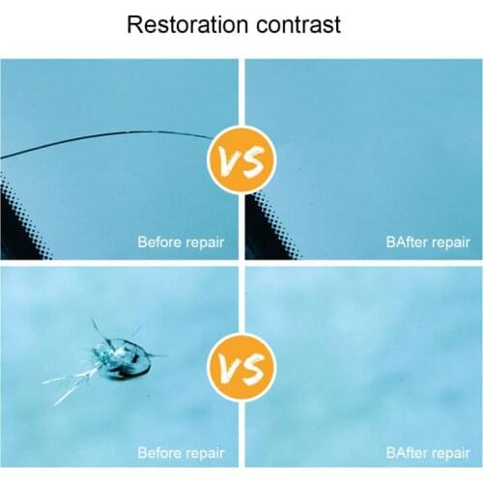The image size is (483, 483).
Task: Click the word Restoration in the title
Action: pyautogui.click(x=184, y=24)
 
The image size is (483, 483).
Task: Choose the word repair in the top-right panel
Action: pyautogui.click(x=450, y=242)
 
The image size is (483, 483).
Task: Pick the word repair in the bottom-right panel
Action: pyautogui.click(x=450, y=452)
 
